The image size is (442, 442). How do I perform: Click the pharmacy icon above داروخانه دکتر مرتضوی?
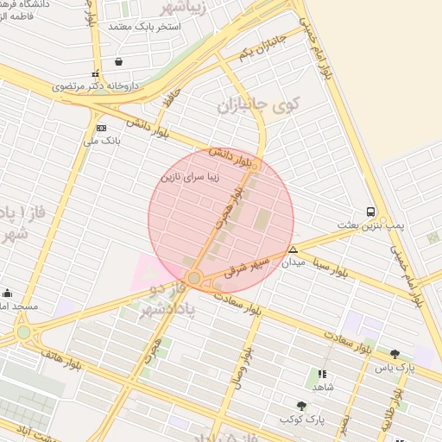(x=96, y=73)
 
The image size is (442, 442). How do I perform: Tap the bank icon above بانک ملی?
(x=102, y=127)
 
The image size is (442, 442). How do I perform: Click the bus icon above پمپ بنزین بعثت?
(x=370, y=212)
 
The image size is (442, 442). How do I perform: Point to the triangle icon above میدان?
(x=293, y=249)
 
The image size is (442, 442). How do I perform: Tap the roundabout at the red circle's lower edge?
(x=195, y=277)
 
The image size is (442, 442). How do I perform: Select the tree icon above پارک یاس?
(x=395, y=354)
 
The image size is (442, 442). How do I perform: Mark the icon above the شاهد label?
(x=322, y=375)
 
